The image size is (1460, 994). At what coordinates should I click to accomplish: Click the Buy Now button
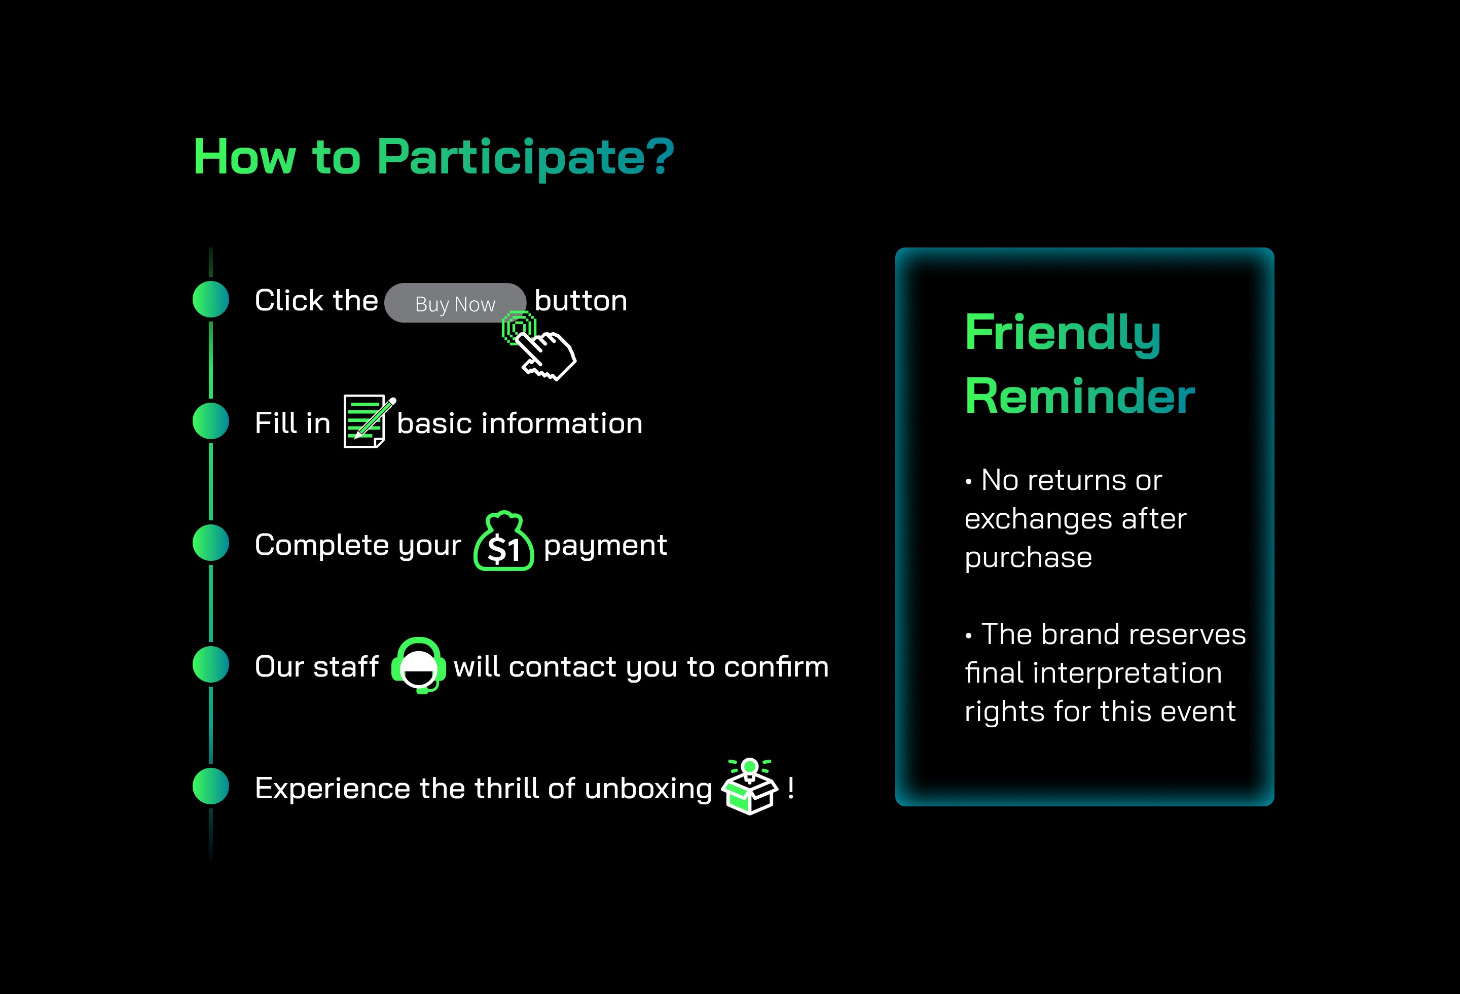455,303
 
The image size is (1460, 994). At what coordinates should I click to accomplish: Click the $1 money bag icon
504,541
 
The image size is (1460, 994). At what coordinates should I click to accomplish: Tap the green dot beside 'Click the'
210,299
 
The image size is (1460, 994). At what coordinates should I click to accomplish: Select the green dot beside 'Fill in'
210,421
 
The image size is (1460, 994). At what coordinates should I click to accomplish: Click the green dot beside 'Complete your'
210,543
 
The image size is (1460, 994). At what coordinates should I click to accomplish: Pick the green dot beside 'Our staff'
210,665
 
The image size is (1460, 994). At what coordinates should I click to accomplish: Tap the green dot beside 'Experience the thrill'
210,786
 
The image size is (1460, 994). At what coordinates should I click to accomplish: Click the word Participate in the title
526,158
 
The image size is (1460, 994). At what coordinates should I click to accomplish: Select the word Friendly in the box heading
1063,334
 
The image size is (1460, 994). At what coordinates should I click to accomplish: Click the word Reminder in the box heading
1080,397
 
